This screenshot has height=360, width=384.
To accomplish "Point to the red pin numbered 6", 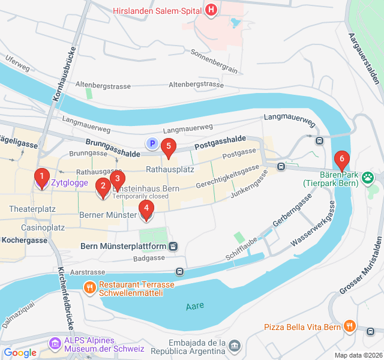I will [342, 160].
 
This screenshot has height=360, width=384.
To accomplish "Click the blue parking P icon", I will [152, 143].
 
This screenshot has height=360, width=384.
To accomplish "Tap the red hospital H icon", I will [211, 10].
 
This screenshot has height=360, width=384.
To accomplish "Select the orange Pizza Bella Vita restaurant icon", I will [350, 326].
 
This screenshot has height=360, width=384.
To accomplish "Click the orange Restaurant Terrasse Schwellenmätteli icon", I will [90, 287].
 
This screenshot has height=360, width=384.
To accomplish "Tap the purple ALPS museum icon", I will [55, 343].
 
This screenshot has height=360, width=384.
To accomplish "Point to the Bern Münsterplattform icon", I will [173, 246].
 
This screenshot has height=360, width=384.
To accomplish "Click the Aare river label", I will [195, 305].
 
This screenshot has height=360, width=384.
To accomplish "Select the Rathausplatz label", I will [170, 169].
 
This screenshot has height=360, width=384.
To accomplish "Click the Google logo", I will [20, 353].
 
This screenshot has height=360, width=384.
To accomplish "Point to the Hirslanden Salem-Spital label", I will [157, 10].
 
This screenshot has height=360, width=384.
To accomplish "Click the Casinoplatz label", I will [43, 228].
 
